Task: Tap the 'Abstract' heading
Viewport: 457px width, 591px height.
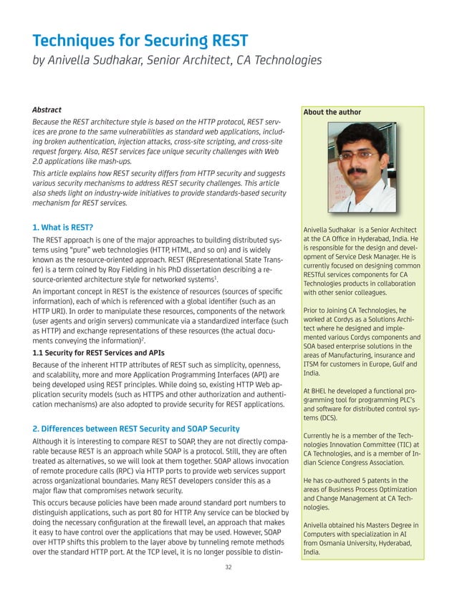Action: [47, 110]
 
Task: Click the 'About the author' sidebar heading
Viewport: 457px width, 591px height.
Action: [332, 112]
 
